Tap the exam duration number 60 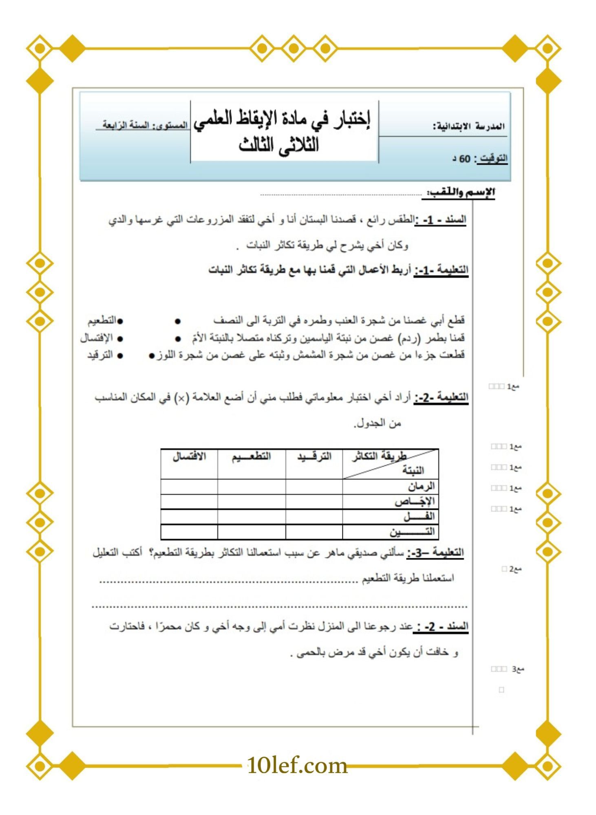(465, 159)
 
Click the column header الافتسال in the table (189, 457)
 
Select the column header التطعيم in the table (251, 457)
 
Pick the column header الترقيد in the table (314, 457)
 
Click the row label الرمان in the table (421, 487)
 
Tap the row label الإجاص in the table (415, 502)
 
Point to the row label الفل (419, 517)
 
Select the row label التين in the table (412, 532)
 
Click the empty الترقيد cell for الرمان (314, 487)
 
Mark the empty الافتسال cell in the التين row (189, 532)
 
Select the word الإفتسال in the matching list (96, 338)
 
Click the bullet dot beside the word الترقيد (120, 356)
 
